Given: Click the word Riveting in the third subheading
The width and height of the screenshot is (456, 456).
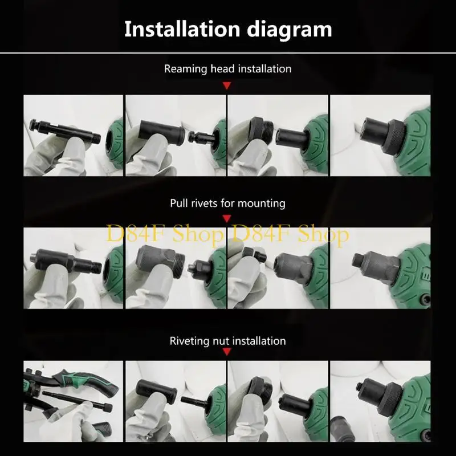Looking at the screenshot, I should coord(191,341).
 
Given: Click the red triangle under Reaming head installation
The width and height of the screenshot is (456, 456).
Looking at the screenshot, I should coord(227,85).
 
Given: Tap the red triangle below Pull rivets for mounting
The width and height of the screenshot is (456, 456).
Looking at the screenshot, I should coord(227,219).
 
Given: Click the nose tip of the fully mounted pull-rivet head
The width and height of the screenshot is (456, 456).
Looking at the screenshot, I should coord(359,260).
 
